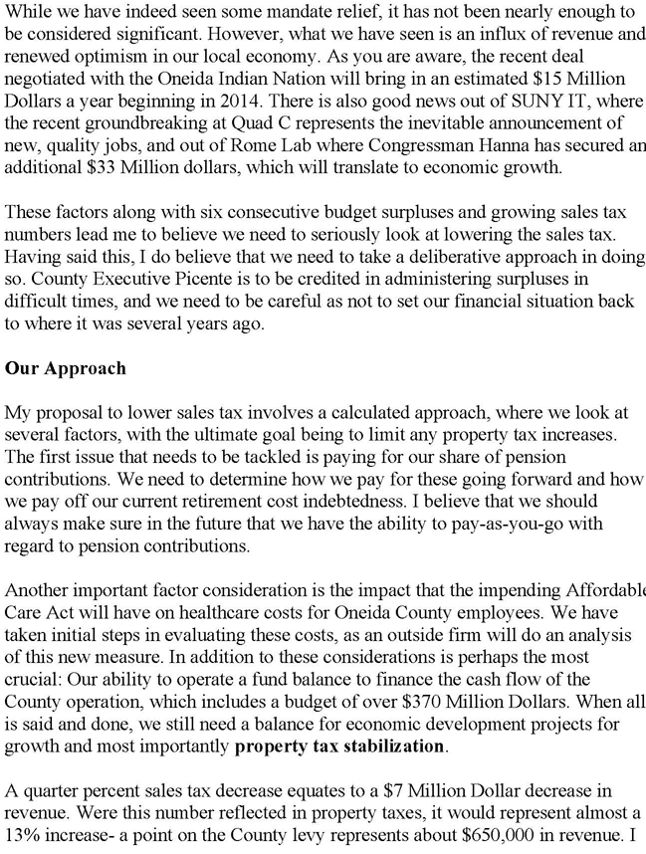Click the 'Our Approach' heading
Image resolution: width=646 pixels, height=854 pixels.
(x=66, y=368)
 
